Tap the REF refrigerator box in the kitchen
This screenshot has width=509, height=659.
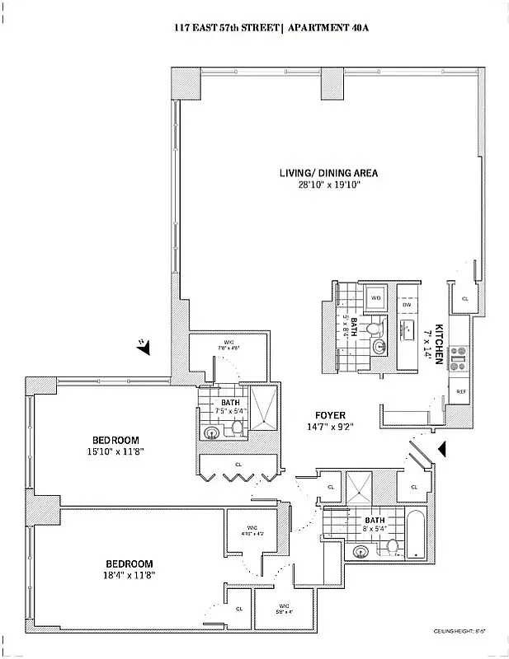coord(460,391)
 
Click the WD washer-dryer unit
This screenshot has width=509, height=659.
coord(375,298)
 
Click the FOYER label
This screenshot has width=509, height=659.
coord(329,414)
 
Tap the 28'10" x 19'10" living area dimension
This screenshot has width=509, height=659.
coord(329,185)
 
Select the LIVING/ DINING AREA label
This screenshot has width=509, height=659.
coord(328,173)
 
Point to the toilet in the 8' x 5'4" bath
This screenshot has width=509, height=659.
coord(393,546)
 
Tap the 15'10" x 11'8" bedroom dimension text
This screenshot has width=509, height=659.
coord(115,451)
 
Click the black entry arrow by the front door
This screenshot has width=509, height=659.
coord(441,448)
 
